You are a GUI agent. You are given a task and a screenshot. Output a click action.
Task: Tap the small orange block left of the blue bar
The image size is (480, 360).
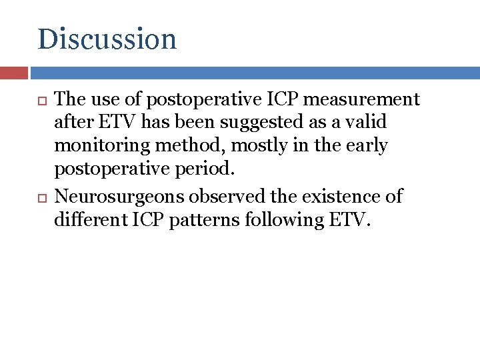(14, 73)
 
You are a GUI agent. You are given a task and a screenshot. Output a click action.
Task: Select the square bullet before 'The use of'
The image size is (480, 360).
(41, 100)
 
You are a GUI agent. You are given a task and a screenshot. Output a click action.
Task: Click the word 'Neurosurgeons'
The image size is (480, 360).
(121, 197)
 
